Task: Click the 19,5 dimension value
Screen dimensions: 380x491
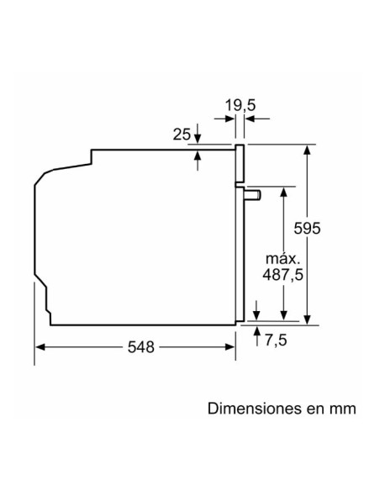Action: [x=240, y=105]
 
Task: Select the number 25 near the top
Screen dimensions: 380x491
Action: [x=182, y=135]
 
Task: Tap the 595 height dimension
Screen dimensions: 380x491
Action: [x=307, y=228]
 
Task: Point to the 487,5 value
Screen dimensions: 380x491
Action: [x=283, y=275]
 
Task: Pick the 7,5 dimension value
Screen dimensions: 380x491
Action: [x=276, y=340]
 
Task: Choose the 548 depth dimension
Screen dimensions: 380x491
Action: [x=141, y=347]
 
